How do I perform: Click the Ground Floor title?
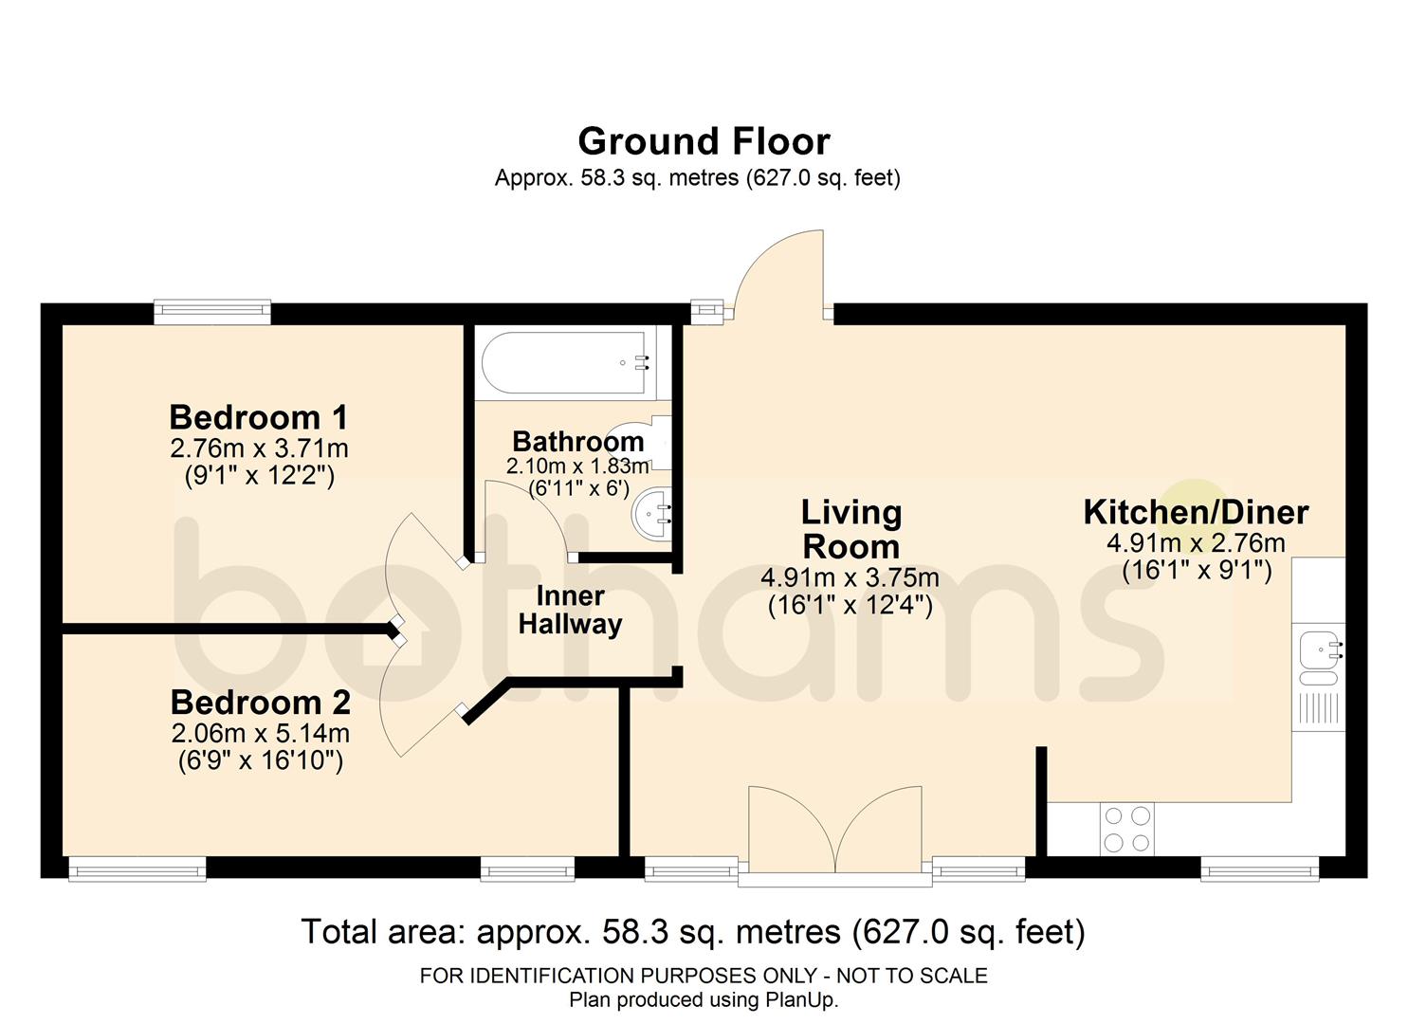[704, 141]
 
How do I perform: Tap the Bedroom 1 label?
[258, 417]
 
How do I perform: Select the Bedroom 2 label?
[260, 703]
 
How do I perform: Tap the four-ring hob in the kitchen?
[1127, 829]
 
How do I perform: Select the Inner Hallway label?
[570, 610]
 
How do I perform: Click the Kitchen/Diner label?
[1197, 512]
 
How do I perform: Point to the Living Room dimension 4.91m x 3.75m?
[850, 577]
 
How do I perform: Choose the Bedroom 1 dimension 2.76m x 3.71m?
[259, 448]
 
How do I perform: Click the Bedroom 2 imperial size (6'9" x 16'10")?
[261, 761]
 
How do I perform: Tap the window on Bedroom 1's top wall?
[212, 312]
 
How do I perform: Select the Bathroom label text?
[578, 441]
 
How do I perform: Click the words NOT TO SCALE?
[912, 976]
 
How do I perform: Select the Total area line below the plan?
[693, 931]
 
